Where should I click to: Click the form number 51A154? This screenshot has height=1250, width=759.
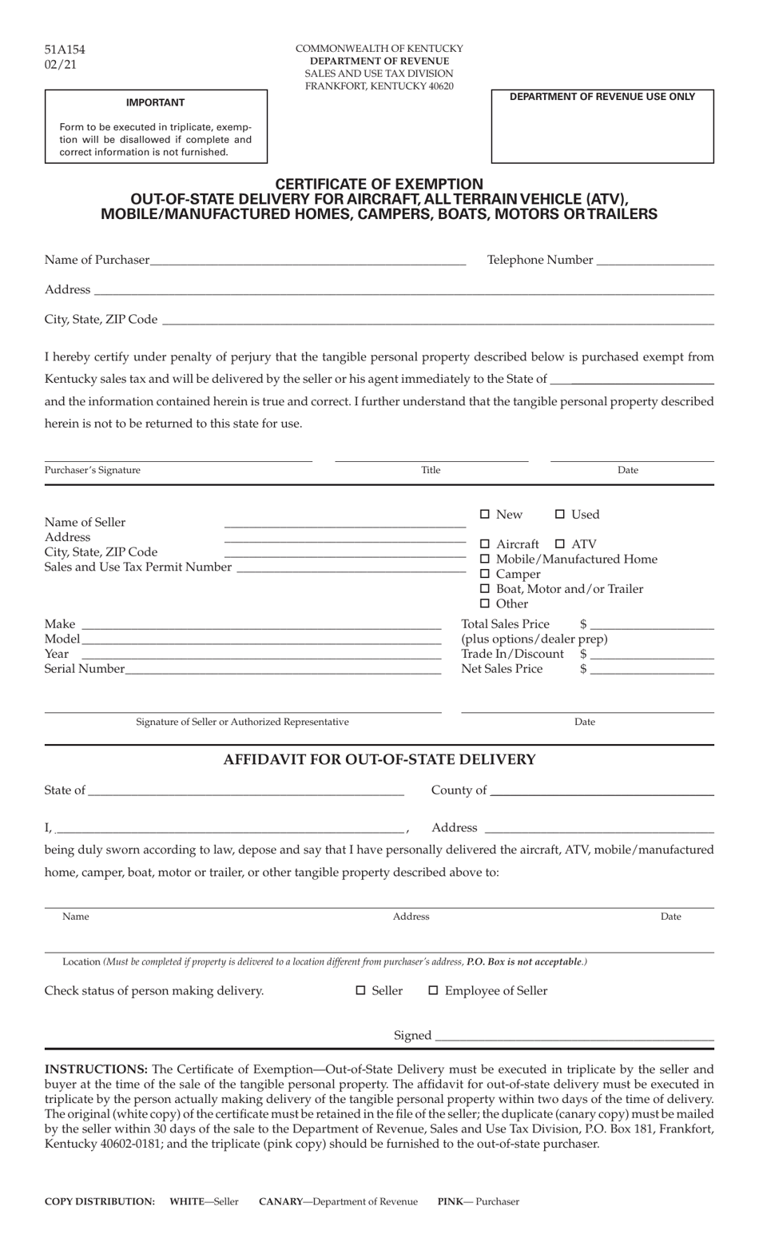65,50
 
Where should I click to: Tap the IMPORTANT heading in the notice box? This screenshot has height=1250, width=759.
155,102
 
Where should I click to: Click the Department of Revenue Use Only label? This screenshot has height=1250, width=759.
602,97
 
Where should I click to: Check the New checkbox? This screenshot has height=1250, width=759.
484,514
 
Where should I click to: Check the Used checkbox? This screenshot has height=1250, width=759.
560,514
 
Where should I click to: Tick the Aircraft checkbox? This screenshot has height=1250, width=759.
484,543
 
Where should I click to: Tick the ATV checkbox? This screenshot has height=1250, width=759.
560,543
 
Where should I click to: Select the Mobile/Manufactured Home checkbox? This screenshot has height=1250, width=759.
484,559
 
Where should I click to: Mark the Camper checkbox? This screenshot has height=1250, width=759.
484,574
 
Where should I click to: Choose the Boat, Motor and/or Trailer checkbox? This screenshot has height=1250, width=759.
484,588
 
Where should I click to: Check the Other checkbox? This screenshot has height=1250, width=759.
484,603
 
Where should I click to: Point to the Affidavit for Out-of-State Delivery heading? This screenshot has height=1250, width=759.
379,759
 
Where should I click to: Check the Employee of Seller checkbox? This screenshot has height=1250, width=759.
433,990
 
